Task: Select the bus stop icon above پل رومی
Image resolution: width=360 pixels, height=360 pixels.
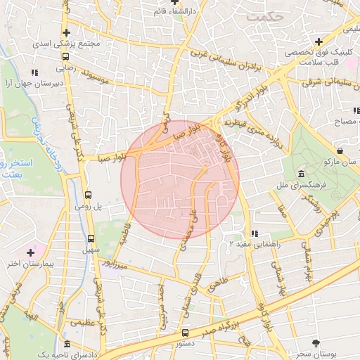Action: coord(89,195)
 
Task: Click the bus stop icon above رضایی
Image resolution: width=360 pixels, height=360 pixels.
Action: coord(65,58)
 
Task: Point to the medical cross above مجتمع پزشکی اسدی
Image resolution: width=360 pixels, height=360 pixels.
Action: coord(66,32)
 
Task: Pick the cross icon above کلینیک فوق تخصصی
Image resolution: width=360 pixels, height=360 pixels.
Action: coord(320,42)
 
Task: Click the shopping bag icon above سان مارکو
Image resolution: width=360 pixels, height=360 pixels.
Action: coord(340,150)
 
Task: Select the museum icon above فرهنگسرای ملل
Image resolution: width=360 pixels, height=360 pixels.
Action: coord(300,174)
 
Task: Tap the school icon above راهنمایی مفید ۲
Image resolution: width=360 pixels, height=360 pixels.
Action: coord(255,233)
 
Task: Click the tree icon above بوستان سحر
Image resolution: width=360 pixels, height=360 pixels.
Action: coord(316,343)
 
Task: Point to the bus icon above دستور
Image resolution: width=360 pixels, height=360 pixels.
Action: coord(185,333)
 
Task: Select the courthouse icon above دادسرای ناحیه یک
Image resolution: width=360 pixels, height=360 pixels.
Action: coord(67,345)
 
